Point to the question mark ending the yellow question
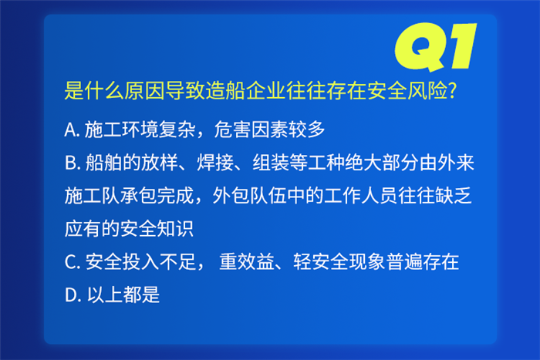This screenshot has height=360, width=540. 453,90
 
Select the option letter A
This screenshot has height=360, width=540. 70,130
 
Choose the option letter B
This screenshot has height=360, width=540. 71,163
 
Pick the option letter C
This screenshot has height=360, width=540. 70,262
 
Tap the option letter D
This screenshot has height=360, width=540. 71,295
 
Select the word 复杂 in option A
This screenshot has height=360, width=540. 177,130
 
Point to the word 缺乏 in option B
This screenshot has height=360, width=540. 454,196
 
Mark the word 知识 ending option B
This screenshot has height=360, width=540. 176,229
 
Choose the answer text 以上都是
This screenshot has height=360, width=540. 123,295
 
